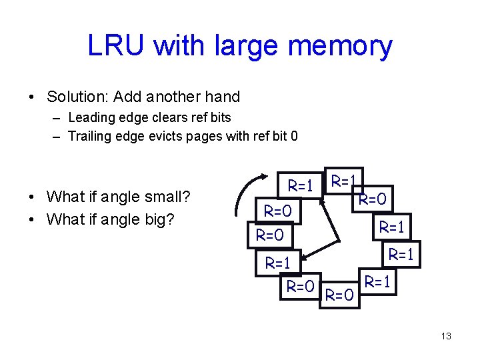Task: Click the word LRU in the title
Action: click(115, 46)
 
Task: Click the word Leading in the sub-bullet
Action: click(91, 117)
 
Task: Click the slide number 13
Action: click(446, 336)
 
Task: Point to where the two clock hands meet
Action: click(340, 241)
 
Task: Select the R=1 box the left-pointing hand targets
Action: click(279, 263)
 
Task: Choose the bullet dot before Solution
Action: click(32, 97)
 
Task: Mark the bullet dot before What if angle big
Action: click(32, 219)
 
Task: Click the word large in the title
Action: click(245, 46)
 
